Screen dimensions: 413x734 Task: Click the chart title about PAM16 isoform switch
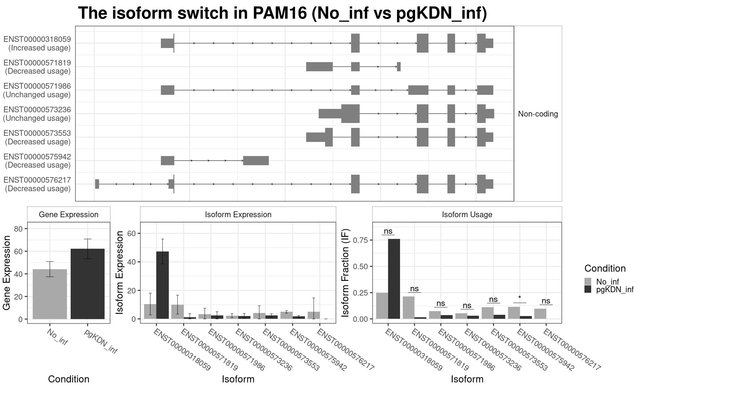click(282, 13)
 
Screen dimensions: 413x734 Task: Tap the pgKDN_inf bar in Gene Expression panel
click(87, 284)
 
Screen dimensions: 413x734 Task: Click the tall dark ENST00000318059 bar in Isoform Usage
click(394, 278)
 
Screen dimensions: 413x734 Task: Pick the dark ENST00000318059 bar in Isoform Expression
click(162, 285)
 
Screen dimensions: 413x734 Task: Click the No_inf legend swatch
click(588, 281)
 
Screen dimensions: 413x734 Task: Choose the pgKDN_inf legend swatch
click(588, 289)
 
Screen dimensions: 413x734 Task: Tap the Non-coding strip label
click(538, 114)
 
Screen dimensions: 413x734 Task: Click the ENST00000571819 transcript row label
click(37, 67)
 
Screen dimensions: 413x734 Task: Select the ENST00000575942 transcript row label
click(37, 161)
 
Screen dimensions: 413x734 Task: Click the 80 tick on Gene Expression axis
click(18, 229)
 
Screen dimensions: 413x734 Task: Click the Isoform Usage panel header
click(467, 214)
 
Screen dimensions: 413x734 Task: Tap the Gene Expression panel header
click(69, 214)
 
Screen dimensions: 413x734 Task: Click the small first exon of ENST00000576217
click(97, 184)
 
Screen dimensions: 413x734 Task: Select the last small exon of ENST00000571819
click(399, 67)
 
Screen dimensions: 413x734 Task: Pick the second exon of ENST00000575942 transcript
click(256, 161)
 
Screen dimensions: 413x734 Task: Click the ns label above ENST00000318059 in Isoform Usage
click(388, 231)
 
